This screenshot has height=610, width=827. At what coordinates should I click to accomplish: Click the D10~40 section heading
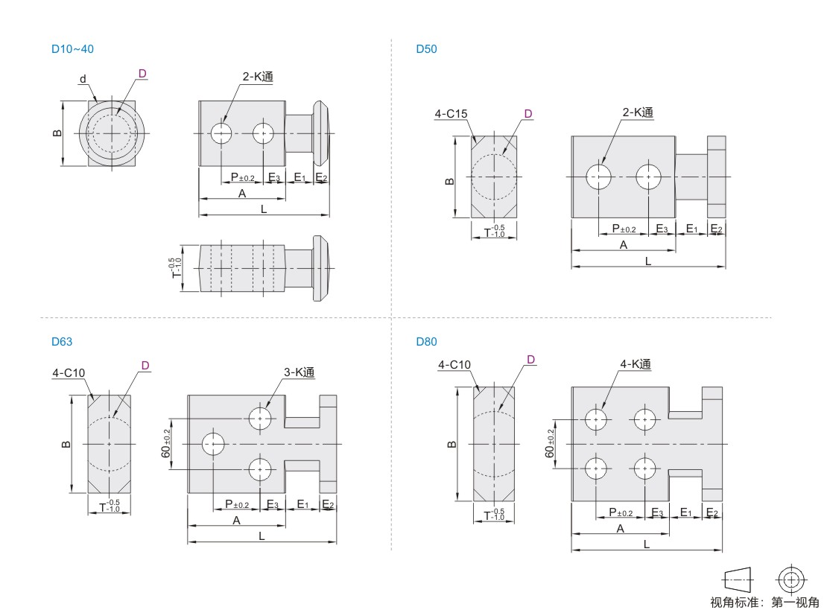pos(72,49)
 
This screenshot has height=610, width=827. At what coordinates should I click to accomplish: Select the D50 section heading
pos(426,49)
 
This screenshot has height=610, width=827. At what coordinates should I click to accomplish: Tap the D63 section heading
pos(62,342)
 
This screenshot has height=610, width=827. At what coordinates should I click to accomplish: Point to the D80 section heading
pos(426,342)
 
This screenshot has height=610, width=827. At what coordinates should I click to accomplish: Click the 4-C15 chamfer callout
pos(451,114)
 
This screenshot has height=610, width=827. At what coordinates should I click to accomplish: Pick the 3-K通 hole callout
pos(299,372)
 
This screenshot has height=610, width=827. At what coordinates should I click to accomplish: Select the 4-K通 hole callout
pos(636,363)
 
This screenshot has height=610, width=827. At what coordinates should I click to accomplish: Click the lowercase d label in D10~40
pos(83,80)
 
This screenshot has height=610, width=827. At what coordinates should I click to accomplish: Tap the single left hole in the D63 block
pos(213,444)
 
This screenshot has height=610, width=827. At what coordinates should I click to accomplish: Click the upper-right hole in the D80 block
pos(644,420)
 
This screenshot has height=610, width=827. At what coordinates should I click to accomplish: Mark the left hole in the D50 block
pos(598,177)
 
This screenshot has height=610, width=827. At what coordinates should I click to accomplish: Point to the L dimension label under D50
pos(648,261)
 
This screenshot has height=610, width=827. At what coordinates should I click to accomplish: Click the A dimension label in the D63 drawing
pos(236,521)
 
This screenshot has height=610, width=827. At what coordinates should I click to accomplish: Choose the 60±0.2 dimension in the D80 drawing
pos(550,443)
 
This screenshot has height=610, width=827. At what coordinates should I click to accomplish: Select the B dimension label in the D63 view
pos(66,445)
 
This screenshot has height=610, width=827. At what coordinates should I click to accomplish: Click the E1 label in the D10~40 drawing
pos(300,177)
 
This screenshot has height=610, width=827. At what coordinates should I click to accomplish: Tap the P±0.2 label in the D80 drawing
pos(621,512)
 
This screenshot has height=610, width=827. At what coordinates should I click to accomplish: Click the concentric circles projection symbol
pos(790,580)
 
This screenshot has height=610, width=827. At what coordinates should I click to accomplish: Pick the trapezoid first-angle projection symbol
pos(738,580)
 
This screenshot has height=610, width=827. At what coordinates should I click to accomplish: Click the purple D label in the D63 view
pos(145,366)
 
